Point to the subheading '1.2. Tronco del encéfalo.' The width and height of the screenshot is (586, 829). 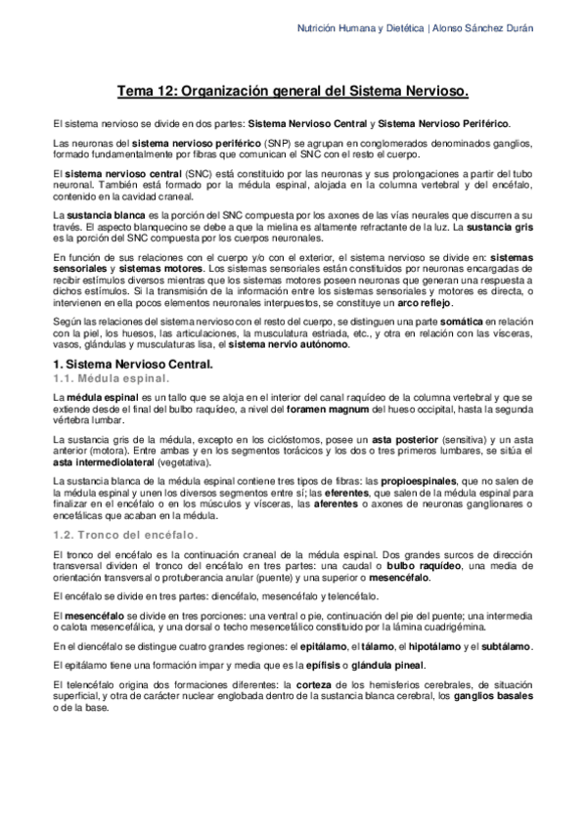click(x=125, y=534)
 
